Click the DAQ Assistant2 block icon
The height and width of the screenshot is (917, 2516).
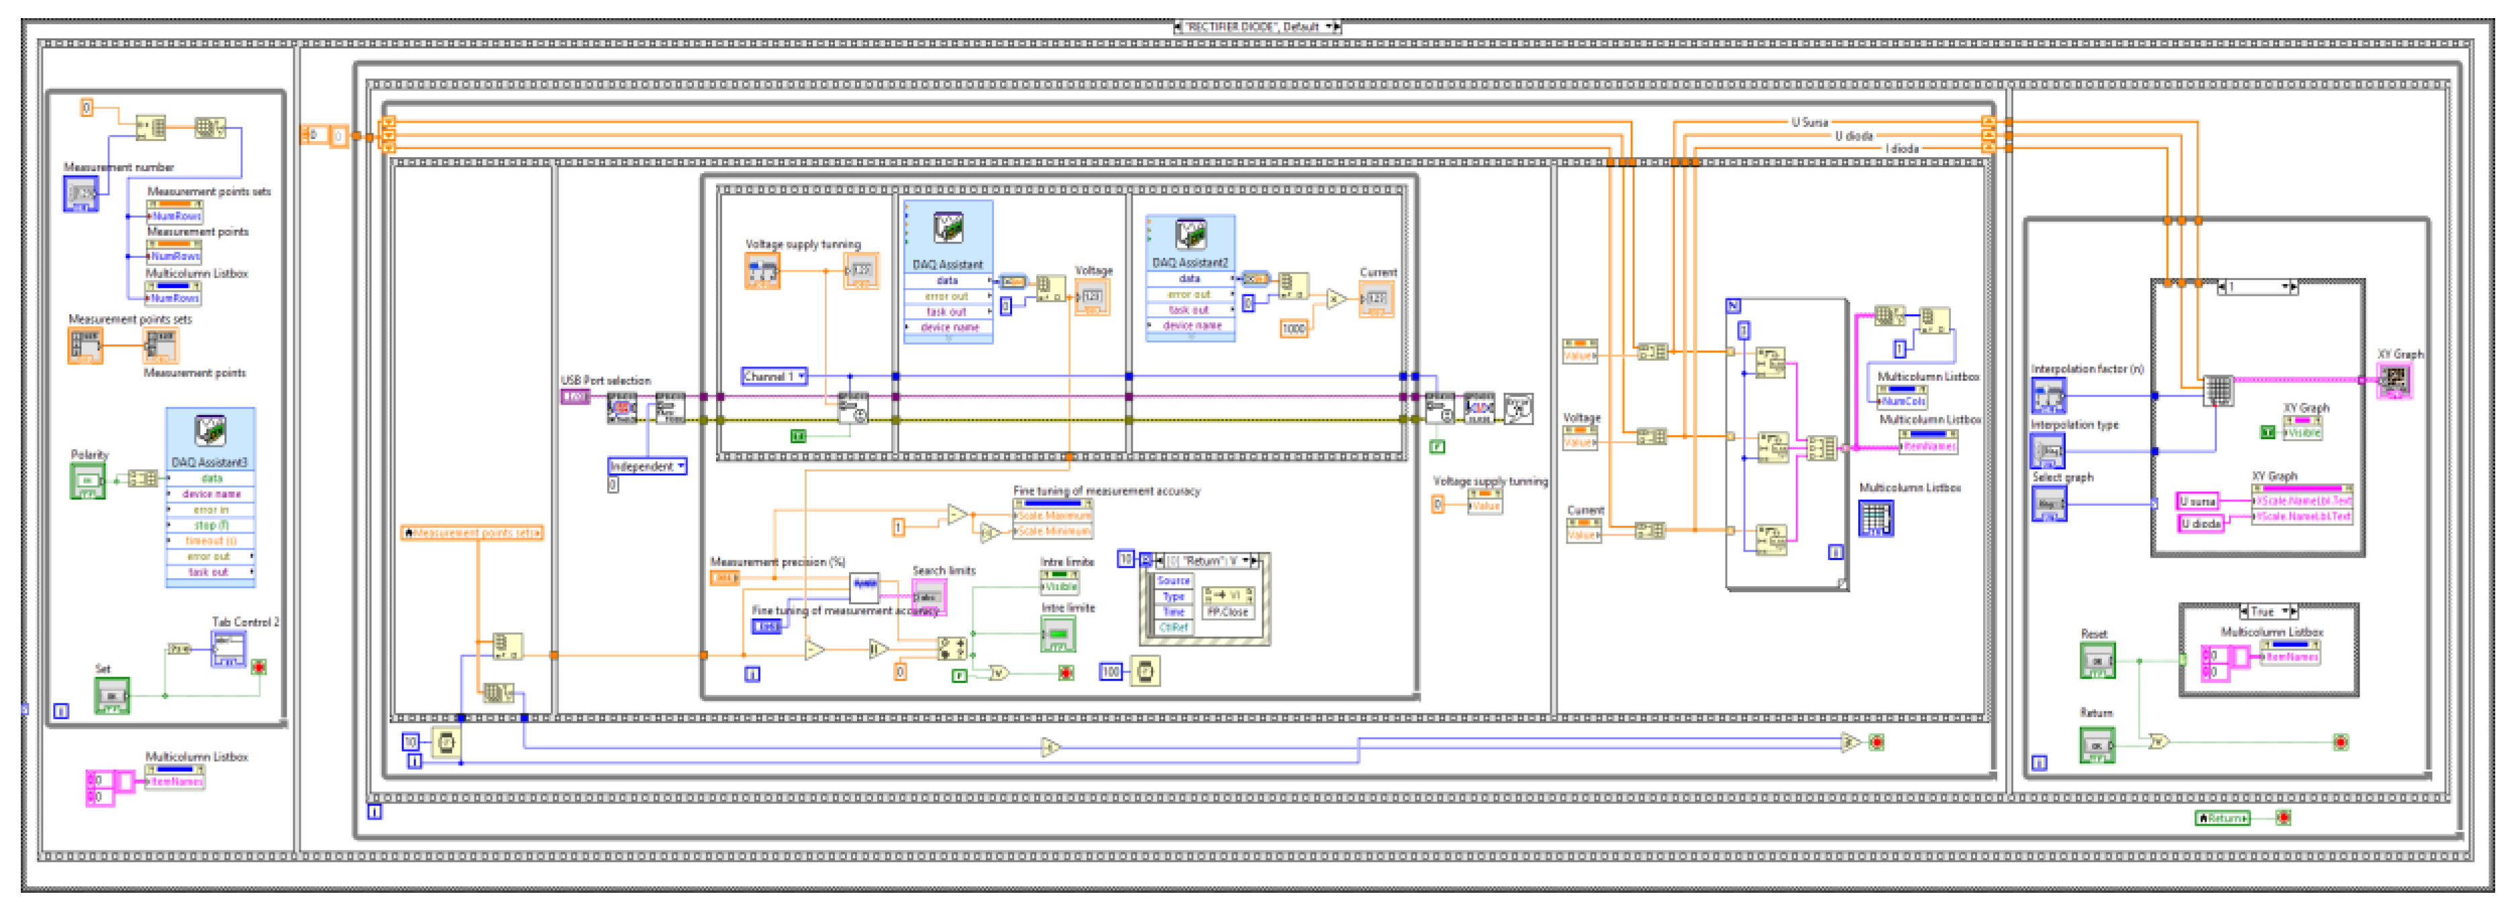tap(1190, 236)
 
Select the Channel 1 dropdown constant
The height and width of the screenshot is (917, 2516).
tap(774, 376)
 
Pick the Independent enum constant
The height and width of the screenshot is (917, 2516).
tap(646, 466)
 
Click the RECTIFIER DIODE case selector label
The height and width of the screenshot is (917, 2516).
tap(1257, 26)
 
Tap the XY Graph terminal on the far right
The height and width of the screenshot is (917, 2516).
tap(2394, 380)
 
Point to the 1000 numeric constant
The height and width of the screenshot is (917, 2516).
tap(1293, 329)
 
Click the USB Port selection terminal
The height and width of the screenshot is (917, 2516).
tap(574, 397)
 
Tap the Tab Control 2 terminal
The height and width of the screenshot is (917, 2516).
tap(230, 649)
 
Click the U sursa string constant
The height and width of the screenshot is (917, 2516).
tap(2197, 501)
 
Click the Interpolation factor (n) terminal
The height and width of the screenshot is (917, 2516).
tap(2048, 395)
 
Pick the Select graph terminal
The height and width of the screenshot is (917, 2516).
tap(2048, 504)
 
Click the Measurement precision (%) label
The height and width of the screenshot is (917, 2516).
tap(776, 561)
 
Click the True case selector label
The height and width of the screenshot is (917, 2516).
tap(2263, 612)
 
